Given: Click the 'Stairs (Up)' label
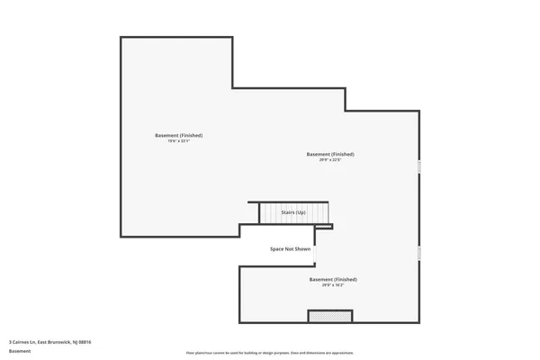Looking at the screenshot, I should [294, 213].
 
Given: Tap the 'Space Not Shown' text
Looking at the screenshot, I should [291, 248].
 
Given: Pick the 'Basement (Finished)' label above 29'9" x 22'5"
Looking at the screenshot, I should [330, 154].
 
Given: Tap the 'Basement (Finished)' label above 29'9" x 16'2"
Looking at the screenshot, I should [333, 279].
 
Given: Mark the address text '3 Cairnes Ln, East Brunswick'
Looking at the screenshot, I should [50, 342].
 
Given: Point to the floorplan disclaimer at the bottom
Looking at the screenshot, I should [270, 353].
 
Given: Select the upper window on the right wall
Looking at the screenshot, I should [418, 166].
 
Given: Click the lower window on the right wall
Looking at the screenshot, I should [418, 253].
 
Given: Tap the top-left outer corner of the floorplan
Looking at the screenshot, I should [121, 38].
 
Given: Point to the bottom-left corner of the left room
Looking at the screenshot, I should [121, 237].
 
